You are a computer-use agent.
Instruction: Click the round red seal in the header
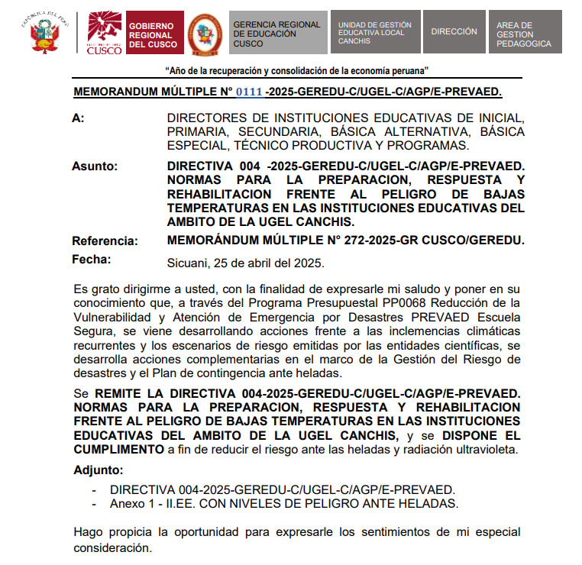click(x=205, y=33)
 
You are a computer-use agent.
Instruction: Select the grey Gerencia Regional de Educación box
click(x=278, y=33)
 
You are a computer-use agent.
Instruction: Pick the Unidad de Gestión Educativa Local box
click(x=375, y=33)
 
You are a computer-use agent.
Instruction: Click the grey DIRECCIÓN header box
click(x=454, y=33)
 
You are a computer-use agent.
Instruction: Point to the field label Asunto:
click(x=95, y=166)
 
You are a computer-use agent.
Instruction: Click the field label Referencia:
click(x=105, y=241)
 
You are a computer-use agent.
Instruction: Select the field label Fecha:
click(x=92, y=260)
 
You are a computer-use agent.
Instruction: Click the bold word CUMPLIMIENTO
click(x=118, y=449)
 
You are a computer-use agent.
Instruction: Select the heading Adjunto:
click(x=98, y=470)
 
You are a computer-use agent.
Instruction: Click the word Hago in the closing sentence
click(x=88, y=531)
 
